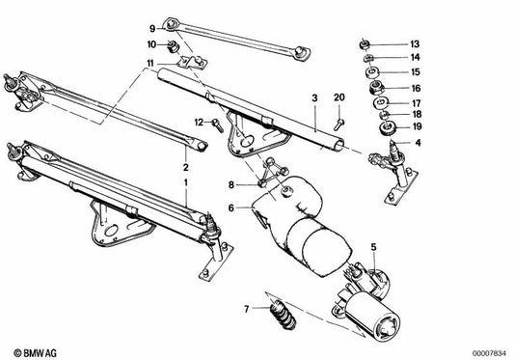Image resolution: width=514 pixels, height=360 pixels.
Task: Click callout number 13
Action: (416, 44)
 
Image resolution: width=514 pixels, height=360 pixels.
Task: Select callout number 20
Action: (338, 98)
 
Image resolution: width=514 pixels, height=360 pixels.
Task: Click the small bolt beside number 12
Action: (220, 123)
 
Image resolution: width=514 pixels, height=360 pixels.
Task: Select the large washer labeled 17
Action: (370, 101)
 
